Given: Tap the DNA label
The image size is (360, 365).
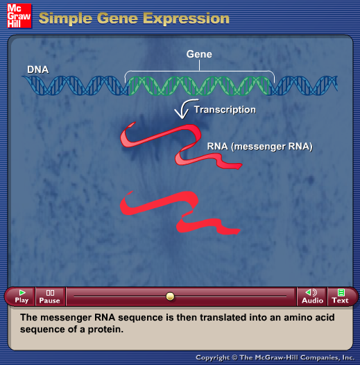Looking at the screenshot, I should pos(37,69).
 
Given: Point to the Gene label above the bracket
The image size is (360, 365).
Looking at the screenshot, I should pos(199,54).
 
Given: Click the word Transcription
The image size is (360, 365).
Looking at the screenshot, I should pos(225,110).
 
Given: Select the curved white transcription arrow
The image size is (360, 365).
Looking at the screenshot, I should pos(183,109).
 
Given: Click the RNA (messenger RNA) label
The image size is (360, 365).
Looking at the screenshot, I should pos(259,146).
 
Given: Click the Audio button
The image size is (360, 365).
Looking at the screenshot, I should pos(312,296).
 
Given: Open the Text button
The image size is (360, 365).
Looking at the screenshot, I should pos(340,296).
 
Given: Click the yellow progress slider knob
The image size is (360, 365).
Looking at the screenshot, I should pos(170,296).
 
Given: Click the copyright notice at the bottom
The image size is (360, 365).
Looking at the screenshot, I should pos(275,357).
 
